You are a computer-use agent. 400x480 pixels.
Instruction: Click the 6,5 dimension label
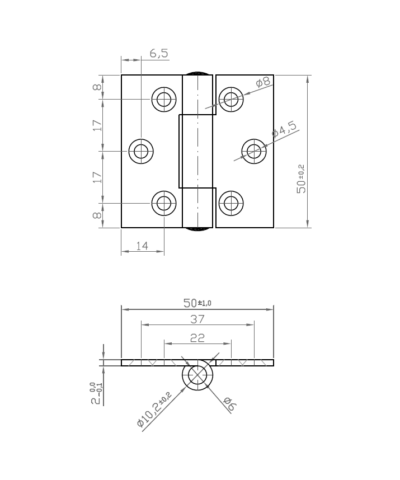click(159, 54)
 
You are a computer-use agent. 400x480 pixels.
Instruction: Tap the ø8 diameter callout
click(263, 82)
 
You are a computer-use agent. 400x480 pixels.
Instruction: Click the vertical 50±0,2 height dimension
click(301, 179)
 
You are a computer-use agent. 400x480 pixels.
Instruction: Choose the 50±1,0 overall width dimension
click(197, 303)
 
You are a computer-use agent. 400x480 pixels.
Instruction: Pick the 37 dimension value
click(197, 319)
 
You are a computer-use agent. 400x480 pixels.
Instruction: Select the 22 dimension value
click(197, 337)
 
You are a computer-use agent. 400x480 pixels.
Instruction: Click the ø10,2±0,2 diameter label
click(154, 410)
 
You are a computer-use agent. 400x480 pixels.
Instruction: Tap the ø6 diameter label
click(227, 403)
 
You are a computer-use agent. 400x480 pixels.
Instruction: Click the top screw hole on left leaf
click(164, 100)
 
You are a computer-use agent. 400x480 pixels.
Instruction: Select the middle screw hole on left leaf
click(141, 150)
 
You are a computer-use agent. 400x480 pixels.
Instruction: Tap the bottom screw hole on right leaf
click(230, 203)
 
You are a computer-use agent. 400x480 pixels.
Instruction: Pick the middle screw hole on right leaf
click(254, 150)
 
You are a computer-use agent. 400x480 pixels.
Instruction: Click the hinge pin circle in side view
click(197, 375)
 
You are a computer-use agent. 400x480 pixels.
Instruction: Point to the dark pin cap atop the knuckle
click(198, 73)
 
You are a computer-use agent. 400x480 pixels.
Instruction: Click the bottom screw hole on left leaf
click(164, 203)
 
